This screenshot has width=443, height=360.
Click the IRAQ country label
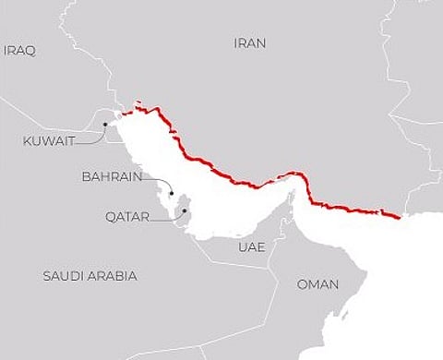coord(19,51)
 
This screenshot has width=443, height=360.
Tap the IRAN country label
coord(250,42)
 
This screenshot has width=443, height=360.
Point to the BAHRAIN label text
coord(110,174)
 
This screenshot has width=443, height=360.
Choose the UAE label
coord(251,248)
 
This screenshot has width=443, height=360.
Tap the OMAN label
coord(317,284)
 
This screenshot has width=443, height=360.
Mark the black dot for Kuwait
coord(105,124)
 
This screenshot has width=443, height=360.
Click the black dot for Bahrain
coord(172,194)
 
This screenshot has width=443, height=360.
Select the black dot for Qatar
coord(184,210)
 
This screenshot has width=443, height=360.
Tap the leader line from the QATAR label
coord(166,219)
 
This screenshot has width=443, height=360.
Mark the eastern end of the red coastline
coord(398,218)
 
